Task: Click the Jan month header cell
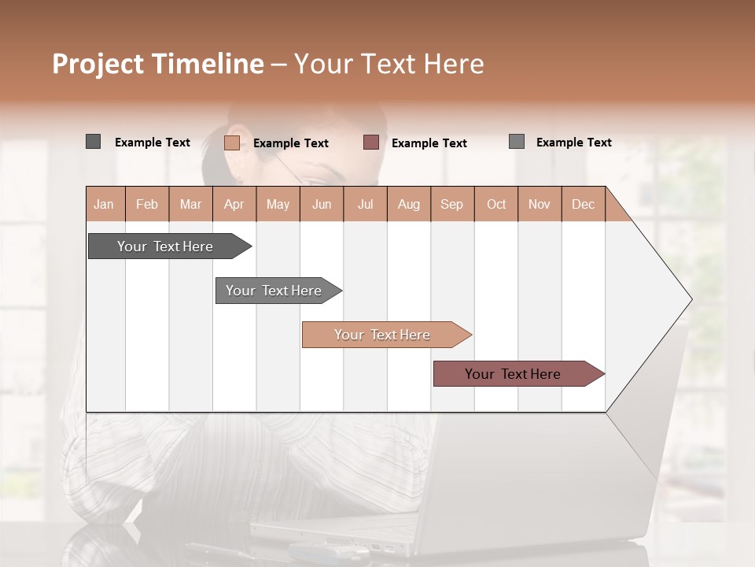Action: (x=105, y=204)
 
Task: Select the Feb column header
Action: (x=147, y=204)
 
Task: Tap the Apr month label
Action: (x=234, y=204)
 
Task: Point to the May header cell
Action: (x=278, y=204)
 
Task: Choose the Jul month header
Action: (x=365, y=204)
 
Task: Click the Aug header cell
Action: (x=408, y=204)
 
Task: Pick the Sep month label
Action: (x=452, y=204)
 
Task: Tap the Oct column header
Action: (x=496, y=204)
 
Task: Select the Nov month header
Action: (x=540, y=204)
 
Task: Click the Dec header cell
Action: (x=583, y=204)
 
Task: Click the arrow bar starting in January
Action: (x=166, y=246)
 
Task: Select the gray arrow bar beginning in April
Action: (x=274, y=291)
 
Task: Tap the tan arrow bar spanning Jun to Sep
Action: (x=383, y=335)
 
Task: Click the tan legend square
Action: (x=232, y=143)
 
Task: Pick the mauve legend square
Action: (x=371, y=143)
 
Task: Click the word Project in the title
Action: (x=98, y=65)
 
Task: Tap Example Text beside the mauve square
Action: (x=429, y=143)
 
